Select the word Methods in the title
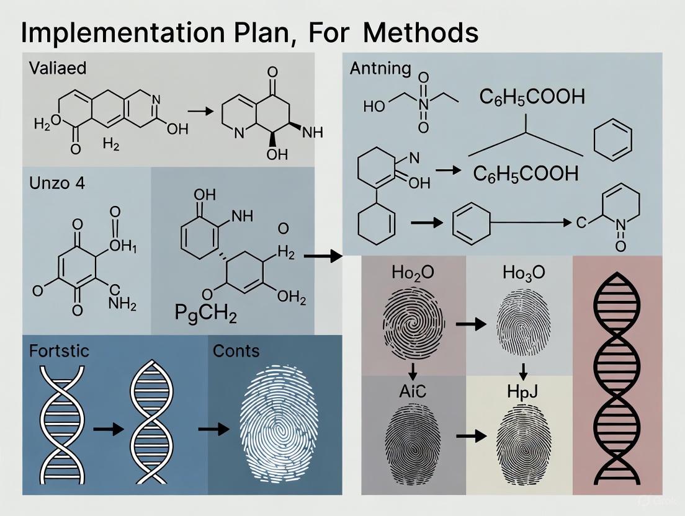pos(421,32)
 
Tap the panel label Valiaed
pos(58,68)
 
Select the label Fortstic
pos(59,350)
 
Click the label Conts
pos(236,350)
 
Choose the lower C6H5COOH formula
pos(526,174)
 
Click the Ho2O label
pos(413,274)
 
